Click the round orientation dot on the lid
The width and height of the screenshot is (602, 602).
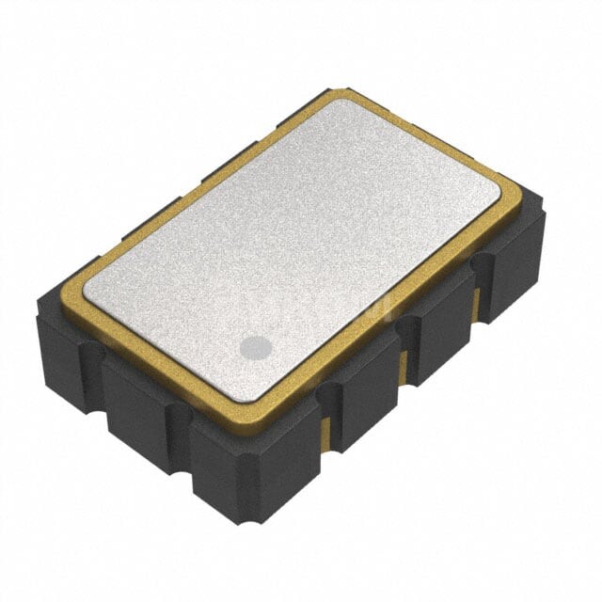tap(255, 348)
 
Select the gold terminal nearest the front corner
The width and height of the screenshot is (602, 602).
tap(326, 428)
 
